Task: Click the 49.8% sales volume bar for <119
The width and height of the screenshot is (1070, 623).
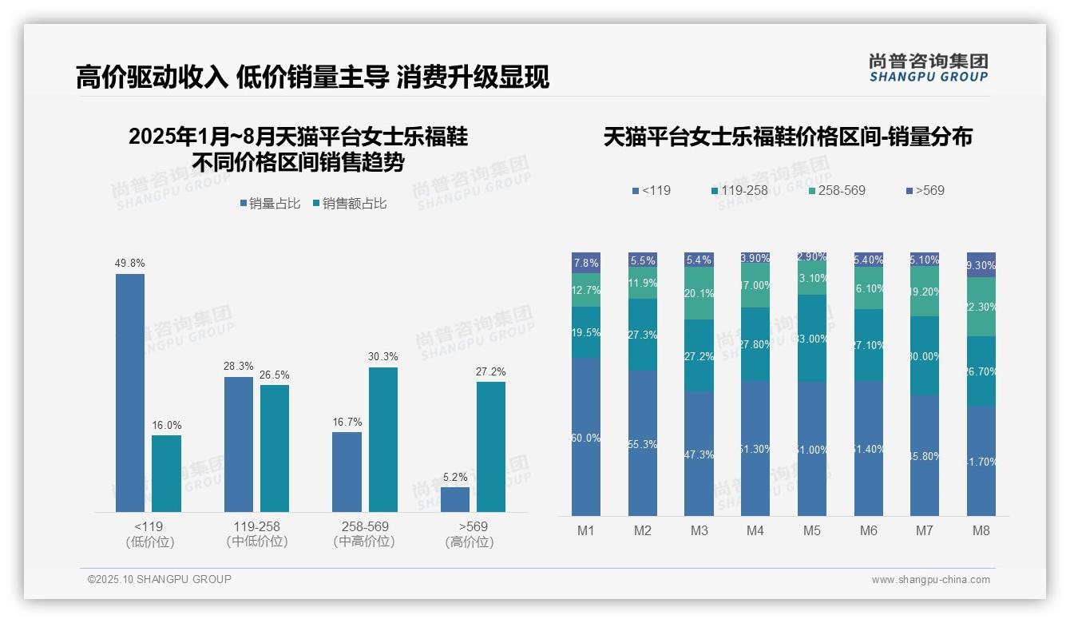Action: [x=130, y=392]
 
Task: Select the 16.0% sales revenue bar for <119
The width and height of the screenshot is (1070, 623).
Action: [x=166, y=473]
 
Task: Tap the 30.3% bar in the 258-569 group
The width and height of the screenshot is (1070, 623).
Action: [x=382, y=439]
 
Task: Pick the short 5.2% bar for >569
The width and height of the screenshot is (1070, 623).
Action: [x=455, y=499]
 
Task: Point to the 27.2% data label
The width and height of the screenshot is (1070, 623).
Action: [x=491, y=372]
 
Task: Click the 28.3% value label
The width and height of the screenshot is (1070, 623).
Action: [x=239, y=367]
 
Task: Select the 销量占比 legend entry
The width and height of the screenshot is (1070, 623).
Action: [x=270, y=204]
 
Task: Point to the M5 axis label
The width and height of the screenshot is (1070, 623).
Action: [x=812, y=530]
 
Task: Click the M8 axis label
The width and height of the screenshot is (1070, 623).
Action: [x=981, y=530]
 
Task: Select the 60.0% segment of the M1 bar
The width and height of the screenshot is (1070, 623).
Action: [x=586, y=437]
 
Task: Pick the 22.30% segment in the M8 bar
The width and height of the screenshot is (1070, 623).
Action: [x=981, y=307]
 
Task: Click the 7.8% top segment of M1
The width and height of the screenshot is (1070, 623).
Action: [x=586, y=263]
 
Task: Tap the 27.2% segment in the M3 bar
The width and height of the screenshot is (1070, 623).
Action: [x=699, y=355]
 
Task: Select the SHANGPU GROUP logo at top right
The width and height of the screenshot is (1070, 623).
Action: [x=928, y=68]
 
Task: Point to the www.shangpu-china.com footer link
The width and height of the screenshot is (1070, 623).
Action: [x=930, y=580]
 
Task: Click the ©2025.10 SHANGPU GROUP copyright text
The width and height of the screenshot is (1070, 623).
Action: [x=160, y=579]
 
